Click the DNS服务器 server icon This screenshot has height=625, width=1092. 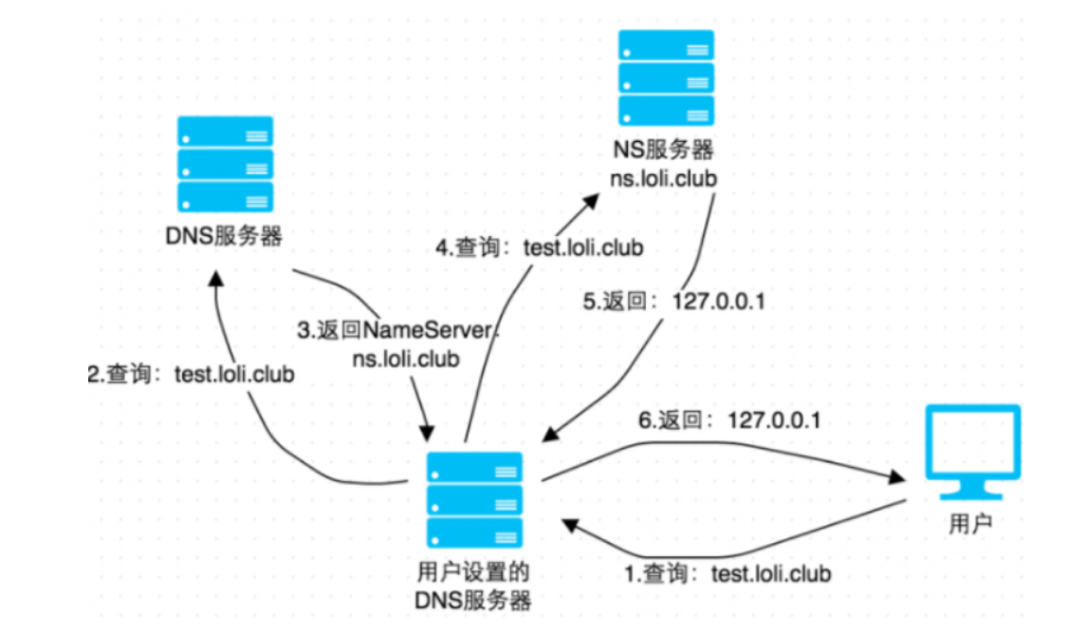tap(225, 164)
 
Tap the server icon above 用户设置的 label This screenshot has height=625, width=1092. tap(474, 500)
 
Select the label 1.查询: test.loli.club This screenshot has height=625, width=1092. tap(728, 573)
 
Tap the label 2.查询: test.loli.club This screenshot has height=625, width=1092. tap(191, 374)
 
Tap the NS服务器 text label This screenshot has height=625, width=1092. tap(665, 150)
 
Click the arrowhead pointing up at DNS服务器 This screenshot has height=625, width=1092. tap(217, 283)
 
